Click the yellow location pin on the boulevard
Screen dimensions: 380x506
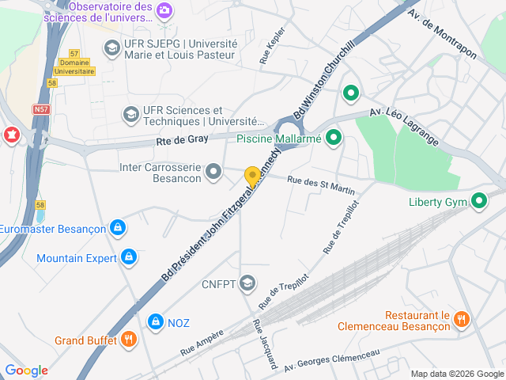pyautogui.click(x=252, y=177)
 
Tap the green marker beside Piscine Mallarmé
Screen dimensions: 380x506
pyautogui.click(x=334, y=139)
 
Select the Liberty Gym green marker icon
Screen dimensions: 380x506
pyautogui.click(x=479, y=201)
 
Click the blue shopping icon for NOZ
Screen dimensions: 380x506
pyautogui.click(x=155, y=321)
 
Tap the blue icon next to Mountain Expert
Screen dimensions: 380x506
pyautogui.click(x=129, y=257)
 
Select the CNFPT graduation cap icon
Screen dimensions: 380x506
pyautogui.click(x=247, y=283)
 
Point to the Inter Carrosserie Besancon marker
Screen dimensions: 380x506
pyautogui.click(x=213, y=171)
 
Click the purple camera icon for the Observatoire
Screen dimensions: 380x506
pyautogui.click(x=164, y=10)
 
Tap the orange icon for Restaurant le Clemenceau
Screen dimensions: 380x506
pyautogui.click(x=463, y=318)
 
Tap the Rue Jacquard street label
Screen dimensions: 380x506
pyautogui.click(x=263, y=344)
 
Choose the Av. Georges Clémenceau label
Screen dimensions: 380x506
pyautogui.click(x=332, y=361)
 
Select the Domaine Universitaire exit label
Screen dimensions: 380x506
pyautogui.click(x=77, y=66)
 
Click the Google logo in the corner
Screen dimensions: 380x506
pyautogui.click(x=26, y=370)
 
